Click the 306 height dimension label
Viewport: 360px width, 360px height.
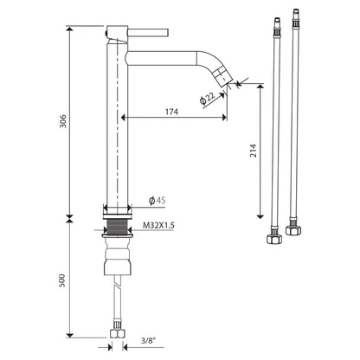pos(63,121)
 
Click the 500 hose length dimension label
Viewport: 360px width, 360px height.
pos(62,280)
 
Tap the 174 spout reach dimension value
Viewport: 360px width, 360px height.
pos(171,112)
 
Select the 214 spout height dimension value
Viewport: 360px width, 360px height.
pos(253,151)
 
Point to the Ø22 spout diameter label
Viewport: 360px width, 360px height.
pos(208,98)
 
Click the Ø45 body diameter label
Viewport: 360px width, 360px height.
pos(157,200)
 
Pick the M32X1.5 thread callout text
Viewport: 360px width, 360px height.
pos(158,225)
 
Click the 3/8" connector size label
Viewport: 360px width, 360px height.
pos(148,341)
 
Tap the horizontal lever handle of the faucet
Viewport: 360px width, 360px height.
pos(148,32)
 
